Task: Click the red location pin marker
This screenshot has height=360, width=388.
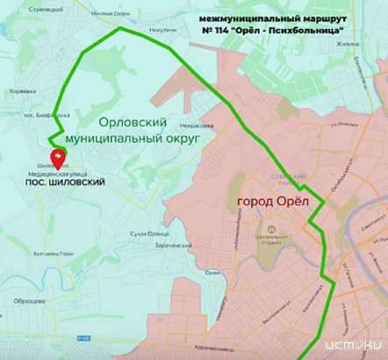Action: point(58,157)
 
